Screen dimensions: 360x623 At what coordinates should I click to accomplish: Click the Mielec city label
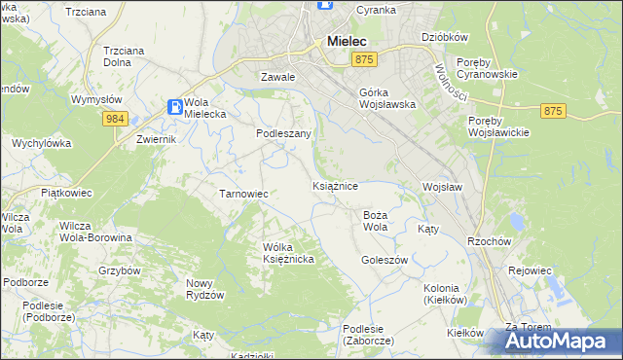(347, 42)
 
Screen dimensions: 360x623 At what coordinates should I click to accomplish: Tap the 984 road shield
(115, 118)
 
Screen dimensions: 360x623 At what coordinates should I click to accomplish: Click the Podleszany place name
(283, 133)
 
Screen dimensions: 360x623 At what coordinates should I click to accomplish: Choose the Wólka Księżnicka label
(287, 254)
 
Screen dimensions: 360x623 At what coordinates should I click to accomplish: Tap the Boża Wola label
(375, 221)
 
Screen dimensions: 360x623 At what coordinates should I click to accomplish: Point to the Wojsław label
(441, 186)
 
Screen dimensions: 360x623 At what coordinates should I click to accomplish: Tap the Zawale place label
(277, 76)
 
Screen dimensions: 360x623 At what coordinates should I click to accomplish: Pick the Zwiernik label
(156, 139)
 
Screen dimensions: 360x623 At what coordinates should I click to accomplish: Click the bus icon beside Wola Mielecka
(174, 106)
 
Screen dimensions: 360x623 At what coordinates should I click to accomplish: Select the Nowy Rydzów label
(205, 289)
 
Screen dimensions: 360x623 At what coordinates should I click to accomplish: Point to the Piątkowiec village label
(65, 194)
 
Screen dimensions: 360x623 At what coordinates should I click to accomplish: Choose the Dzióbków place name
(445, 37)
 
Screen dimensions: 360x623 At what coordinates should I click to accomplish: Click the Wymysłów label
(96, 99)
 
